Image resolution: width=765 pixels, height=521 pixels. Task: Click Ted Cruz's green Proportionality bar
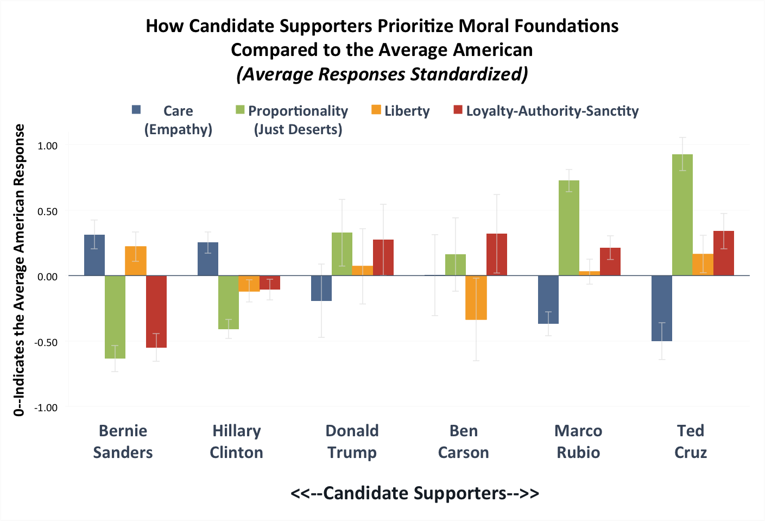[682, 215]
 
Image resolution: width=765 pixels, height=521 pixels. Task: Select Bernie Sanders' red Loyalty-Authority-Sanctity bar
[156, 311]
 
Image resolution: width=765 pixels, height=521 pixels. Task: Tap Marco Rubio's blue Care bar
[548, 299]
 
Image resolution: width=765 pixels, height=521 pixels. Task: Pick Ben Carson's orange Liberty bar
[476, 298]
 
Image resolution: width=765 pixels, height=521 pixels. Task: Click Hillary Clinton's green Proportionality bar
[229, 302]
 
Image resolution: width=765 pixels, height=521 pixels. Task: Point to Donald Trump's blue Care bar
[321, 288]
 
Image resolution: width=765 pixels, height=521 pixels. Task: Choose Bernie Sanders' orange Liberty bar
[136, 261]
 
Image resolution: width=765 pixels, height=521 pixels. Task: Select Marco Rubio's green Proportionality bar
[568, 228]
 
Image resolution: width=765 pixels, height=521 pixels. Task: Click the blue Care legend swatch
[136, 110]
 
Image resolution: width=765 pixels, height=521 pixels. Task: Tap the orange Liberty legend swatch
[376, 110]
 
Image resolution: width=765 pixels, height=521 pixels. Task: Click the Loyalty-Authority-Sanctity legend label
[552, 111]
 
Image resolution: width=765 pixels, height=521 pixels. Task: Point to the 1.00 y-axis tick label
[47, 146]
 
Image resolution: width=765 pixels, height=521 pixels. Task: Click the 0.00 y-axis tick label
[47, 277]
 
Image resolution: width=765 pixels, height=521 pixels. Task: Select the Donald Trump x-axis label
[352, 441]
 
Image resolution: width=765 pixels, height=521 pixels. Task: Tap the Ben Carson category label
[464, 441]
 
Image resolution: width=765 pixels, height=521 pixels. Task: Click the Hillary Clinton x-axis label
[236, 441]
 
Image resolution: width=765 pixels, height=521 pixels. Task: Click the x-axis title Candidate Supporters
[415, 493]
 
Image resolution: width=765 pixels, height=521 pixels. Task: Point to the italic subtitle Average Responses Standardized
[382, 74]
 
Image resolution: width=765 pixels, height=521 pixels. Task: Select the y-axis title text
[20, 270]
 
